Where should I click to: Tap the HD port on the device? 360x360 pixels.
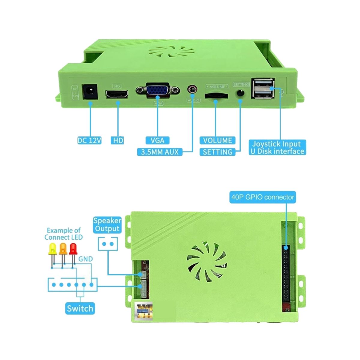pos(117,94)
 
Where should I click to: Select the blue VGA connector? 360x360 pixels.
pos(157,90)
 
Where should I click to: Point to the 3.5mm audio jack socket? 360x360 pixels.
pos(192,89)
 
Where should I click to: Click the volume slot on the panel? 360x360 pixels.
pos(216,96)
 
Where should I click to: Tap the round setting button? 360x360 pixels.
pos(240,93)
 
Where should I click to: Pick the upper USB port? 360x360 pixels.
pos(263,84)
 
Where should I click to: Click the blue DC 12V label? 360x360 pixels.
pos(89,140)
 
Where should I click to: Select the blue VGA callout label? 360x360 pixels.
pos(157,140)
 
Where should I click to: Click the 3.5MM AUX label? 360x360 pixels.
pos(160,152)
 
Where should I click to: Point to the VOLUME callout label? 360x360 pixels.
pos(217,140)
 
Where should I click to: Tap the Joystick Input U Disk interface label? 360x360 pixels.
pos(277,147)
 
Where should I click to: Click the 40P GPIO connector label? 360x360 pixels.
pos(262,197)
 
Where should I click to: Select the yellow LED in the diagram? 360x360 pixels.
pos(52,249)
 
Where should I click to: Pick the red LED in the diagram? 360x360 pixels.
pos(73,249)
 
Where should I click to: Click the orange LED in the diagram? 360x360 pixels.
pos(63,249)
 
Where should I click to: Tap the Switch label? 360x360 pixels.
pos(80,308)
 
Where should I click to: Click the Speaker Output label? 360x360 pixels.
pos(107,225)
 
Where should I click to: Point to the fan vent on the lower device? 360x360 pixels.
pos(207,260)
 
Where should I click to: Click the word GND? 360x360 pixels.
pos(85,259)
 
